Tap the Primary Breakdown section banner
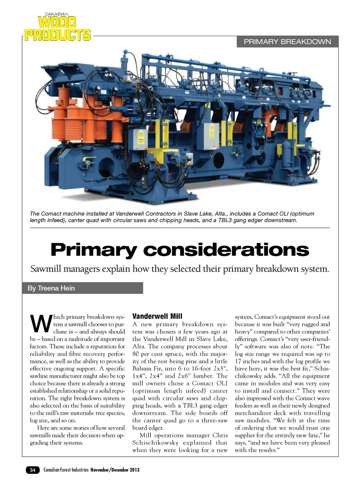[x=287, y=42]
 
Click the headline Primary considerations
[x=180, y=250]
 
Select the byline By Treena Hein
[x=51, y=288]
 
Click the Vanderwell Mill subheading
[x=157, y=316]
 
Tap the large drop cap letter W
[x=40, y=324]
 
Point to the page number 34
[x=33, y=470]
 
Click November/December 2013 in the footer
[x=115, y=470]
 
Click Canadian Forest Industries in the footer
[x=66, y=470]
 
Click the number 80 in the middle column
[x=136, y=354]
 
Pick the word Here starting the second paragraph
[x=43, y=428]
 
